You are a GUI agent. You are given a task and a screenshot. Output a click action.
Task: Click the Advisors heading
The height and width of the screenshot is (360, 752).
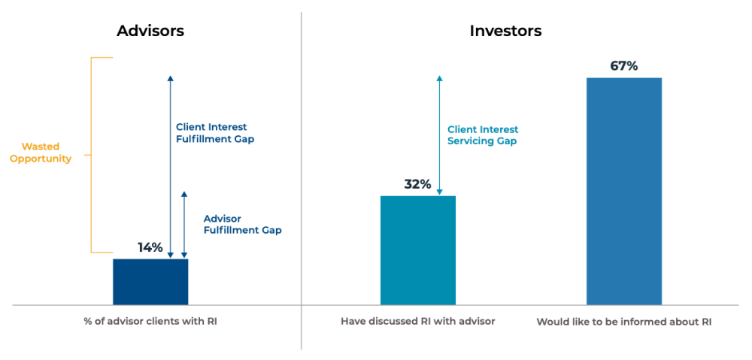150,31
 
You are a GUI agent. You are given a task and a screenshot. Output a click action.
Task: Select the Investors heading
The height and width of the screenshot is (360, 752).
505,31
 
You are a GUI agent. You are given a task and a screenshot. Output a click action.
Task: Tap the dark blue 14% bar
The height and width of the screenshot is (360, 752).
150,282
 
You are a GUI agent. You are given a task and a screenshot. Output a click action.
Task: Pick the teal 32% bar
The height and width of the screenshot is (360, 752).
417,250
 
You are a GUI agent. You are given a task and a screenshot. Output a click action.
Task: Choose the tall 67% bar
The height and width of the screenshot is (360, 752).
624,191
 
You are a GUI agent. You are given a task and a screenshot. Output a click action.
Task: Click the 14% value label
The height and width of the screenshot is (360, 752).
150,248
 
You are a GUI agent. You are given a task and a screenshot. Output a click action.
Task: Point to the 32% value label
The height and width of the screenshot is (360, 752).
417,184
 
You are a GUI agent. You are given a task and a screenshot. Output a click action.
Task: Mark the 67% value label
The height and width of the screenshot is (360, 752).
624,66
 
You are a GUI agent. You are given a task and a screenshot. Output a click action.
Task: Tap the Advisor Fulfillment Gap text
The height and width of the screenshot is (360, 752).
243,224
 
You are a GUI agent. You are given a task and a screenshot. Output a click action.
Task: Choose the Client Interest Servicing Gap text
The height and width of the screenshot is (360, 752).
483,136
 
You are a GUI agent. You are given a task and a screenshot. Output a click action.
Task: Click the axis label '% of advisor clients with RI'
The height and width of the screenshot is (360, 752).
150,321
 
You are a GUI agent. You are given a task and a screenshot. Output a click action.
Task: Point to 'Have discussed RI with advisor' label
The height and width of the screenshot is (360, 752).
417,321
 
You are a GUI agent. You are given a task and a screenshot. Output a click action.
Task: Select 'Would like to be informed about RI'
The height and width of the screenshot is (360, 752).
624,322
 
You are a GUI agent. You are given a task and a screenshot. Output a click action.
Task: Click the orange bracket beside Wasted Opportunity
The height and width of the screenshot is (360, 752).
91,155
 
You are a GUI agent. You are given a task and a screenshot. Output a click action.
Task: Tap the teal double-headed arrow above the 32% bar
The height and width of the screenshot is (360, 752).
439,135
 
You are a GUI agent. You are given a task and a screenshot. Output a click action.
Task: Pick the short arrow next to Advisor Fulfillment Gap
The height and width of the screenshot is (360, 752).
183,225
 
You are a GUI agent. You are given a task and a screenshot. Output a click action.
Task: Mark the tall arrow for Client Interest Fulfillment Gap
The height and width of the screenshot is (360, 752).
170,167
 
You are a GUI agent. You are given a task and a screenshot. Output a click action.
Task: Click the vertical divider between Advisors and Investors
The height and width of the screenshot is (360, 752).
302,180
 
